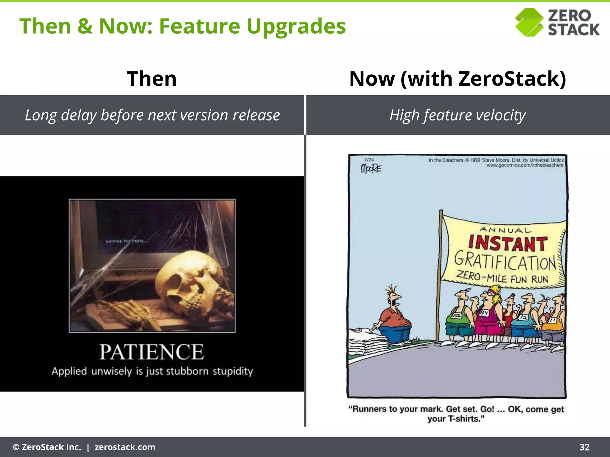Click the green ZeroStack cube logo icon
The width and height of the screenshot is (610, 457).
click(530, 23)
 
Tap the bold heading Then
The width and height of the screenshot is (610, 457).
click(152, 79)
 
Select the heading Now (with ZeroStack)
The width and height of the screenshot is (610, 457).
click(457, 79)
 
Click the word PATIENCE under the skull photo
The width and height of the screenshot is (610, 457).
click(152, 352)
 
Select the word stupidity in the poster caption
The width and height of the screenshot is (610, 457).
click(233, 371)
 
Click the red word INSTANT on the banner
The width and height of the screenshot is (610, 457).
click(508, 243)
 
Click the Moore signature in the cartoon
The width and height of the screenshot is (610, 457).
click(371, 169)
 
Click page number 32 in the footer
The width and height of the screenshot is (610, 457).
click(584, 447)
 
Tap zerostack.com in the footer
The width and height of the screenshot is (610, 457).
click(125, 447)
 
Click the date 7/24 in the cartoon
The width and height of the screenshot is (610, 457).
click(369, 160)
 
